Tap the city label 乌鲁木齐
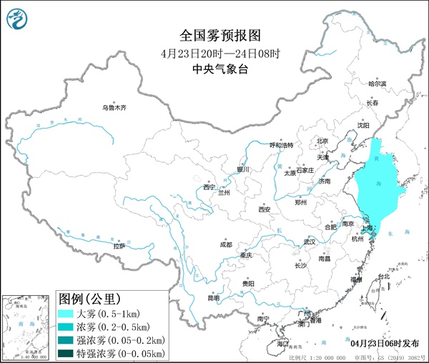(113, 108)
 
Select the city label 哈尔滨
(377, 84)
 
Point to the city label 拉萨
(119, 245)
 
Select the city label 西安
(265, 209)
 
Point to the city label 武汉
(309, 242)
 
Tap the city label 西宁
(209, 187)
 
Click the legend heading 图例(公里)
(89, 298)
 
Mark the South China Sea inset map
(27, 327)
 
